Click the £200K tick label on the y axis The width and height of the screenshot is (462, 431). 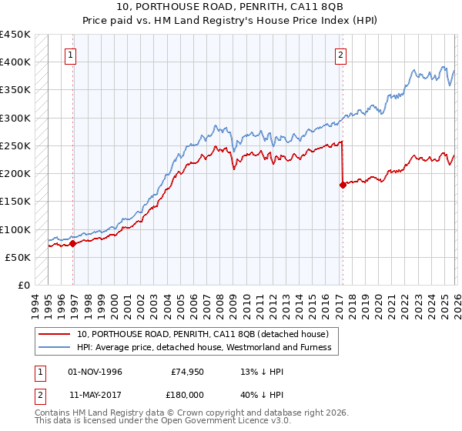tap(15, 174)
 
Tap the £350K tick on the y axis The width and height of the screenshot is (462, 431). tap(15, 90)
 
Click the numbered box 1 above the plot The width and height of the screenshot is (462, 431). tap(70, 55)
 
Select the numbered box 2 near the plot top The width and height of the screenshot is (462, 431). tap(340, 55)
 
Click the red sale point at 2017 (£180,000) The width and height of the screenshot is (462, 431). tap(343, 185)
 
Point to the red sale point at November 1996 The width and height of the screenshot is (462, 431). tap(73, 243)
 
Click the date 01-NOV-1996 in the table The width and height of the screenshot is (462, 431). tap(95, 372)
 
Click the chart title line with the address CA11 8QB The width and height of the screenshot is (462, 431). tap(231, 7)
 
